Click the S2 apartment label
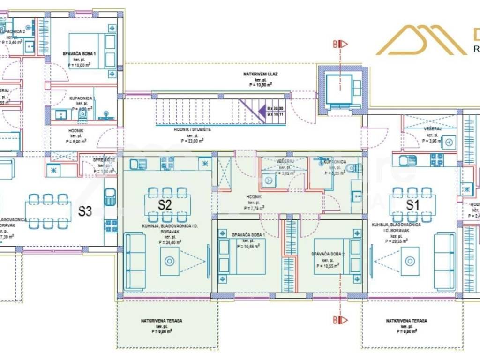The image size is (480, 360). click(164, 205)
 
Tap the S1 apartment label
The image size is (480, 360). click(412, 205)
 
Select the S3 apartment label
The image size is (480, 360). click(84, 211)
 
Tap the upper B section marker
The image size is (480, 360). click(340, 45)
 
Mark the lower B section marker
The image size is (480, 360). click(340, 320)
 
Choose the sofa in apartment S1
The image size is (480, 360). click(443, 261)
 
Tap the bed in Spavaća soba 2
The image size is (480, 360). click(337, 257)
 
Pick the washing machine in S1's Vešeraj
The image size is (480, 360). click(449, 142)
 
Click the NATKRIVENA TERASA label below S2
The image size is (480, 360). click(161, 321)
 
